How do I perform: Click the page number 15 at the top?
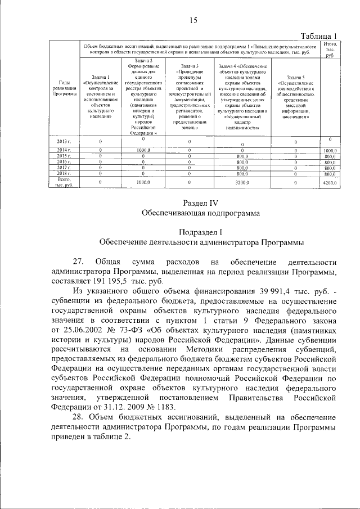pyautogui.click(x=193, y=21)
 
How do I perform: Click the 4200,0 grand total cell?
pyautogui.click(x=330, y=182)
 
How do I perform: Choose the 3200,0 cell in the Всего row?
pyautogui.click(x=242, y=182)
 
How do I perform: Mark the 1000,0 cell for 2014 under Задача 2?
pyautogui.click(x=143, y=151)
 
